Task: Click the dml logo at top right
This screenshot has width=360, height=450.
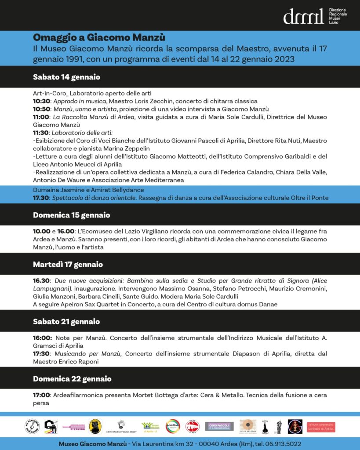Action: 303,16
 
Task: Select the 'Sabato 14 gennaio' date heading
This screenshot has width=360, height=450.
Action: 66,77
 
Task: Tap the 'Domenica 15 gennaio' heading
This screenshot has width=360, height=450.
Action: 71,215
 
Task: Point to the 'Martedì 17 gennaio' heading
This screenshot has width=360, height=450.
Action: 68,264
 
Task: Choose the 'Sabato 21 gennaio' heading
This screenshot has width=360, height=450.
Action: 66,322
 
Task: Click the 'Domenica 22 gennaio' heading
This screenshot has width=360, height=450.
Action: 72,379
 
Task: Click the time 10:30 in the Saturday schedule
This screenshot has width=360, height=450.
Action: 41,101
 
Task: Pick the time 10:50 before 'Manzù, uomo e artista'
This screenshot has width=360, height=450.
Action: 41,109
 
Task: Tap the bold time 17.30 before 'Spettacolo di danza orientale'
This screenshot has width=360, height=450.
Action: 41,198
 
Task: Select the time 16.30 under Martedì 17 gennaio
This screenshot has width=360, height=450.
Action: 41,281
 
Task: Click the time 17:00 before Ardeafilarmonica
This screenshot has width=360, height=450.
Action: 41,395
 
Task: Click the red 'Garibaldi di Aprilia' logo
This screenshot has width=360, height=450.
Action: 321,426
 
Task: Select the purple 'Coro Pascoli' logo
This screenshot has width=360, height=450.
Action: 219,426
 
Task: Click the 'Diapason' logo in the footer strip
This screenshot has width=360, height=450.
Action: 72,426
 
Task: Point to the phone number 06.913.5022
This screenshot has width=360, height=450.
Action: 283,444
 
